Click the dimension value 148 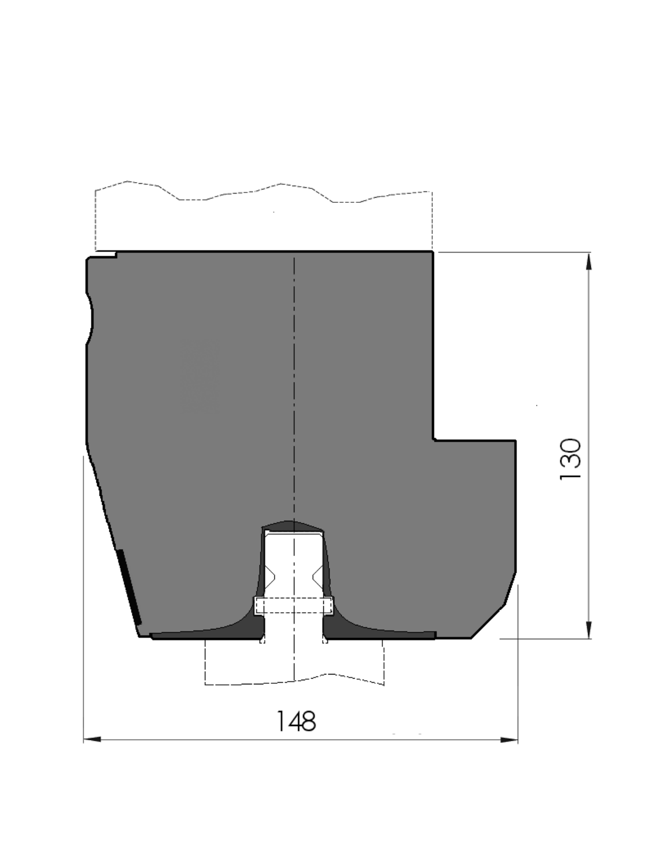[296, 721]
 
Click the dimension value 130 [571, 459]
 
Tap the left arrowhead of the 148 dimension [92, 739]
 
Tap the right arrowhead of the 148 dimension [509, 740]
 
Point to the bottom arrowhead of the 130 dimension [589, 629]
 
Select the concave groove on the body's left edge [90, 318]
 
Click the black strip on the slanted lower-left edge [130, 587]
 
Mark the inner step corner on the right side [434, 440]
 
